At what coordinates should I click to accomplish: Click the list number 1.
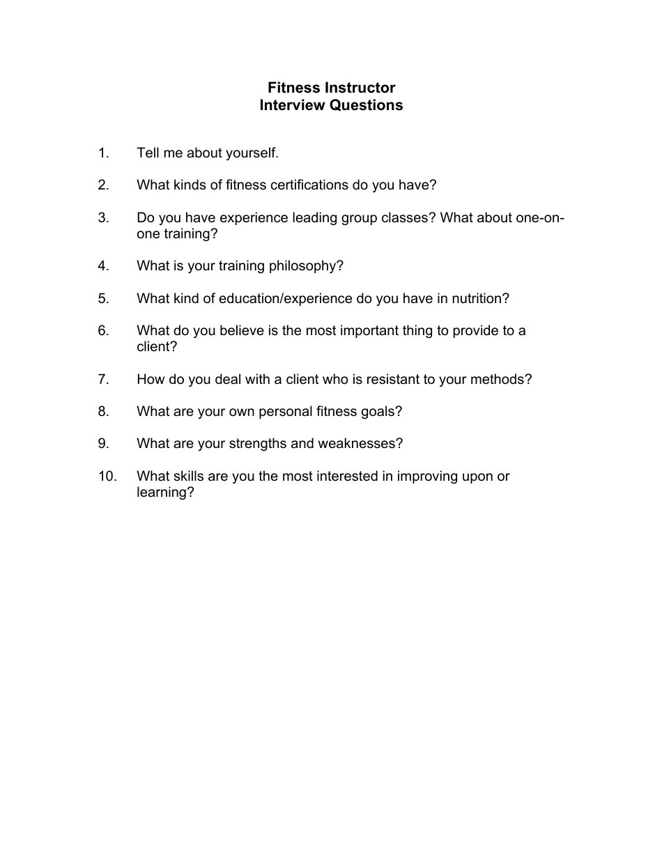tap(104, 153)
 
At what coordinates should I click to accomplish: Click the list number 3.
tap(104, 217)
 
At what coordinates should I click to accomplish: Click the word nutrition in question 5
tap(478, 299)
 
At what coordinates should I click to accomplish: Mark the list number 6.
tap(104, 330)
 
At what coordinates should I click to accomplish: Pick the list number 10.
tap(107, 476)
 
